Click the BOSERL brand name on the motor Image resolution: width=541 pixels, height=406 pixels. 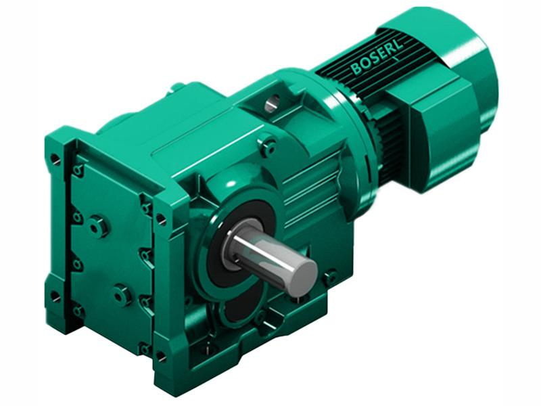tap(376, 59)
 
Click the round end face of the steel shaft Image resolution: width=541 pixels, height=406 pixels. tap(302, 276)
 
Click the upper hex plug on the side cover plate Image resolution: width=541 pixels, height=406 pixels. tap(98, 226)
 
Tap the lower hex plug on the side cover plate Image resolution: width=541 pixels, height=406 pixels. tap(121, 294)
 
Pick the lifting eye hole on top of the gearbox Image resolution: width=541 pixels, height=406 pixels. tap(272, 104)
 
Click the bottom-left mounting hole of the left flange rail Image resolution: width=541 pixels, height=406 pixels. tap(55, 296)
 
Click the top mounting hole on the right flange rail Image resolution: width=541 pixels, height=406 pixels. tap(161, 219)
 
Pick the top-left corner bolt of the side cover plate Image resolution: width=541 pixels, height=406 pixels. tap(78, 170)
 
